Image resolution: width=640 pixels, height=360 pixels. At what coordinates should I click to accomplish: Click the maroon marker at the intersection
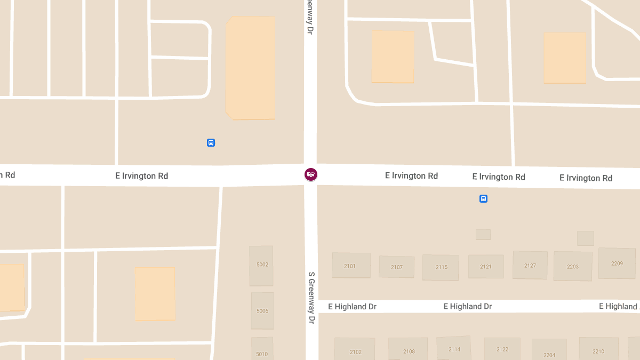click(x=311, y=174)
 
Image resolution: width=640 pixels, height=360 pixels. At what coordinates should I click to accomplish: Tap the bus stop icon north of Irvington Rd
click(x=211, y=142)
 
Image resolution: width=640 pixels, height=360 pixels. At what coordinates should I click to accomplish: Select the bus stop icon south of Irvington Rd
click(x=483, y=199)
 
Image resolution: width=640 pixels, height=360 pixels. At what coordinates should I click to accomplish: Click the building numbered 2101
click(x=351, y=266)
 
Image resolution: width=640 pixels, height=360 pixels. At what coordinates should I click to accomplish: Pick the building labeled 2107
click(x=396, y=267)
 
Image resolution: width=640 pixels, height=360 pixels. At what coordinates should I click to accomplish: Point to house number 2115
click(x=441, y=267)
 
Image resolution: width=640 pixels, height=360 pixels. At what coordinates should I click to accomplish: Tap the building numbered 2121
click(x=485, y=266)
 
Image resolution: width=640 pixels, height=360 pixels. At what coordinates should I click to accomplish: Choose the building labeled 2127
click(x=530, y=265)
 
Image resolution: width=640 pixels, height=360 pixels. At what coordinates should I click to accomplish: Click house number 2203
click(x=573, y=266)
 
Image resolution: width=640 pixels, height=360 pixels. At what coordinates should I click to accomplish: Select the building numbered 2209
click(x=617, y=263)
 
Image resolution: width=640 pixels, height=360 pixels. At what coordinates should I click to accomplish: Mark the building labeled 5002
click(x=261, y=265)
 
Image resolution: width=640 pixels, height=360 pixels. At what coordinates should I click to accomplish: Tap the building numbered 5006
click(x=262, y=310)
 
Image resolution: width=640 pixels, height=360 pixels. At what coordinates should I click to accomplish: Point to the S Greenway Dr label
click(x=311, y=298)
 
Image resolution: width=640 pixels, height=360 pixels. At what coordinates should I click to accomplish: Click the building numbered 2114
click(x=454, y=349)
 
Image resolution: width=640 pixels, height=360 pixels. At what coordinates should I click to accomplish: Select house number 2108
click(x=409, y=350)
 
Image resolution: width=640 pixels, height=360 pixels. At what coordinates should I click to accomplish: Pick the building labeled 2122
click(x=502, y=349)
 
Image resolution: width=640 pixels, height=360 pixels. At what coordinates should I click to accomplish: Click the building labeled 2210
click(x=598, y=350)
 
